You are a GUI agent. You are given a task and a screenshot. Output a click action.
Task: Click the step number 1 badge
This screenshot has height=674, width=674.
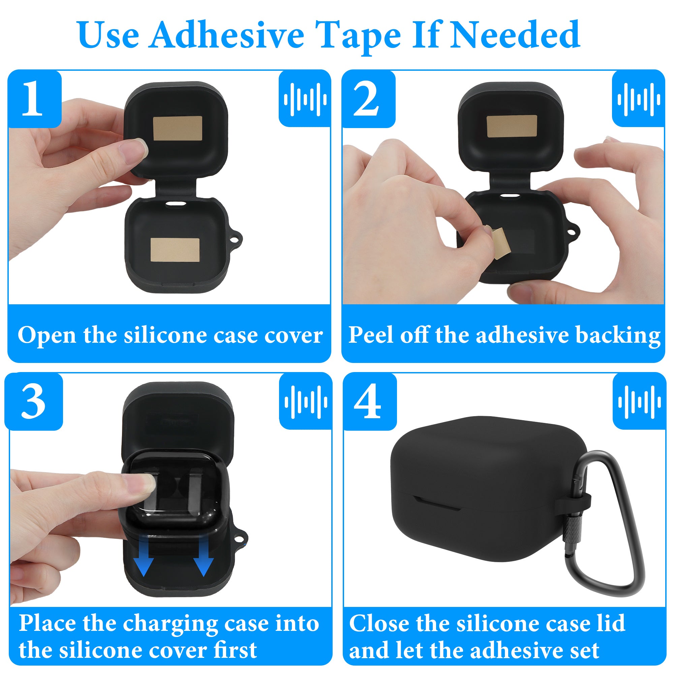[x=34, y=99]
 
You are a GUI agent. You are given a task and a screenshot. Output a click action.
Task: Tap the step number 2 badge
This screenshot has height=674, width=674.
[x=368, y=99]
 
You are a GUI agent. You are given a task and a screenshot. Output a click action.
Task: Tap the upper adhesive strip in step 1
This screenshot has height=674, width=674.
[x=178, y=128]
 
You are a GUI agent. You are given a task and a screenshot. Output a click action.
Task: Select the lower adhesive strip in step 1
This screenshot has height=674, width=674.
[x=175, y=250]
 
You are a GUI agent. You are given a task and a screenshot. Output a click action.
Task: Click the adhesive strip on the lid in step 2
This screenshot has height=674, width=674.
[x=512, y=126]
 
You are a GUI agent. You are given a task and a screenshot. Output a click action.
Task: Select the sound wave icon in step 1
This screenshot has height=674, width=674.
[x=305, y=99]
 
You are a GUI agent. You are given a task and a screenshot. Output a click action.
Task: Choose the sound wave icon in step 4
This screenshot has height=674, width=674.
[x=640, y=402]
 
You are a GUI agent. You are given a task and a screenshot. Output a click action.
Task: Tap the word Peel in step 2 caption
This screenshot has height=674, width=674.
[x=372, y=335]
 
